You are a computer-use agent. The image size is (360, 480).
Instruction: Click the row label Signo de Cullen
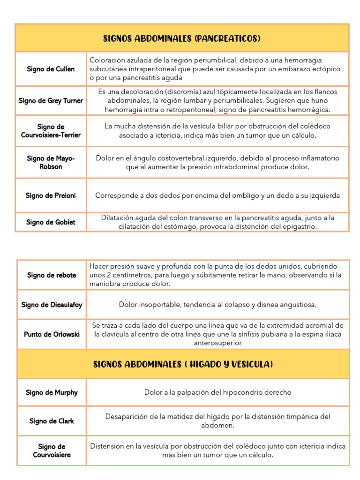pyautogui.click(x=51, y=69)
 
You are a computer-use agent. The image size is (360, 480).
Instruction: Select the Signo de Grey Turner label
pyautogui.click(x=51, y=101)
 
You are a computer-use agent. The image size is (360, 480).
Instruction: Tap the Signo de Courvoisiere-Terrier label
pyautogui.click(x=51, y=131)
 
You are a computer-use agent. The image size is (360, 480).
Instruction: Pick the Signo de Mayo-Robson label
pyautogui.click(x=51, y=162)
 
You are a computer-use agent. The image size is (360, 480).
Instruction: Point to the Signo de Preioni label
pyautogui.click(x=51, y=195)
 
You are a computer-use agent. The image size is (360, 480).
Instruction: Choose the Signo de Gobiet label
pyautogui.click(x=51, y=222)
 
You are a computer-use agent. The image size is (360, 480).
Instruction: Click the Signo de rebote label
pyautogui.click(x=52, y=275)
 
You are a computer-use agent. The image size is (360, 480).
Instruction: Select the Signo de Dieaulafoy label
pyautogui.click(x=52, y=305)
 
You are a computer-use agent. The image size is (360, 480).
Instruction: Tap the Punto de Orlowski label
pyautogui.click(x=52, y=334)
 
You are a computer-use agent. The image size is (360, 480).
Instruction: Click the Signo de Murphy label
pyautogui.click(x=52, y=392)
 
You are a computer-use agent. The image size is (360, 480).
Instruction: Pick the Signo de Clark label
pyautogui.click(x=52, y=421)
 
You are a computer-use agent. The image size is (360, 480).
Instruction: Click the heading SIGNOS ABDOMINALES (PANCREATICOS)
pyautogui.click(x=182, y=38)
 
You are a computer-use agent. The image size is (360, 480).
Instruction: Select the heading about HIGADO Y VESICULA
pyautogui.click(x=183, y=364)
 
